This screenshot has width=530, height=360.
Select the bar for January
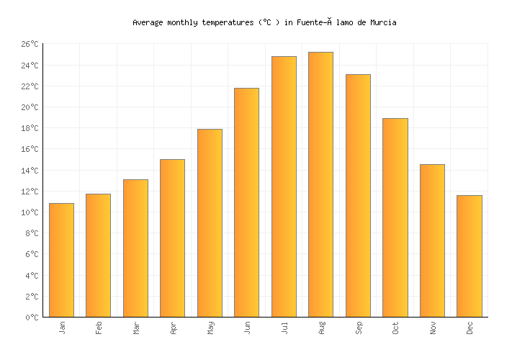pyautogui.click(x=61, y=260)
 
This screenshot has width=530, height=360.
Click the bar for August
pyautogui.click(x=320, y=184)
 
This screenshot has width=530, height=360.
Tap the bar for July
pyautogui.click(x=284, y=186)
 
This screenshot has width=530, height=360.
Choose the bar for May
pyautogui.click(x=210, y=222)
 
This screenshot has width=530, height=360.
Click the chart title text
pyautogui.click(x=264, y=23)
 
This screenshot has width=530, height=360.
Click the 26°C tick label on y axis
pyautogui.click(x=29, y=45)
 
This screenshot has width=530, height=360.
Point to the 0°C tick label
pyautogui.click(x=32, y=318)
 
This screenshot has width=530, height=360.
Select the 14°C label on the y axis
pyautogui.click(x=29, y=171)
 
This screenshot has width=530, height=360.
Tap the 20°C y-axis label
pyautogui.click(x=29, y=108)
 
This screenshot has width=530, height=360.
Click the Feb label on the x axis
pyautogui.click(x=99, y=328)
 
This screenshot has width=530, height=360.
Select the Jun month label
pyautogui.click(x=247, y=328)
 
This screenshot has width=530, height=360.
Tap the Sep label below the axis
pyautogui.click(x=358, y=328)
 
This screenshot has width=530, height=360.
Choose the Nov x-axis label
pyautogui.click(x=432, y=328)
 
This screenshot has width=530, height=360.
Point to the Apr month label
pyautogui.click(x=173, y=328)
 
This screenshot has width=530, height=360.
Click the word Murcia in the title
pyautogui.click(x=383, y=23)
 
